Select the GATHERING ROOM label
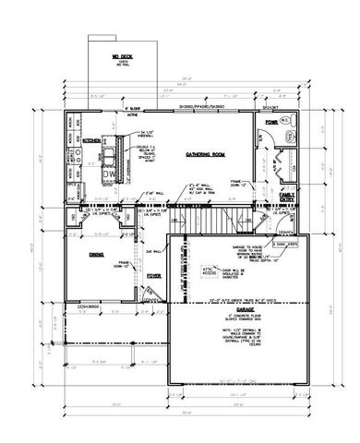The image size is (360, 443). coord(205,154)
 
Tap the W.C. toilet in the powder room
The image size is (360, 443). coord(286,121)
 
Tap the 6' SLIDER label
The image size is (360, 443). coord(133,109)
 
